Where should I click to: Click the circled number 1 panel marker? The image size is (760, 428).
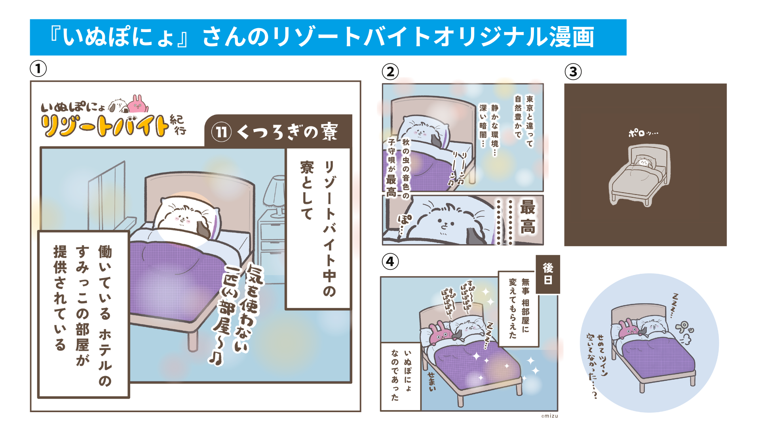coord(38,69)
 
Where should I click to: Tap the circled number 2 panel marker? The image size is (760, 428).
coord(390,72)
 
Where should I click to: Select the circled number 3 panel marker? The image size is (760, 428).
coord(573,72)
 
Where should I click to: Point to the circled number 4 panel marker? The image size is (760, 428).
coord(390,262)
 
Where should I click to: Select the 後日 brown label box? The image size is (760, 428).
coord(548,274)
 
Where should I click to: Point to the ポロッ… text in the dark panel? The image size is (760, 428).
coord(643,133)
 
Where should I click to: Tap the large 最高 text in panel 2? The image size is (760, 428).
coord(528,217)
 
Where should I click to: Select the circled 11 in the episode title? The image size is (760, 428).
coord(221,132)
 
